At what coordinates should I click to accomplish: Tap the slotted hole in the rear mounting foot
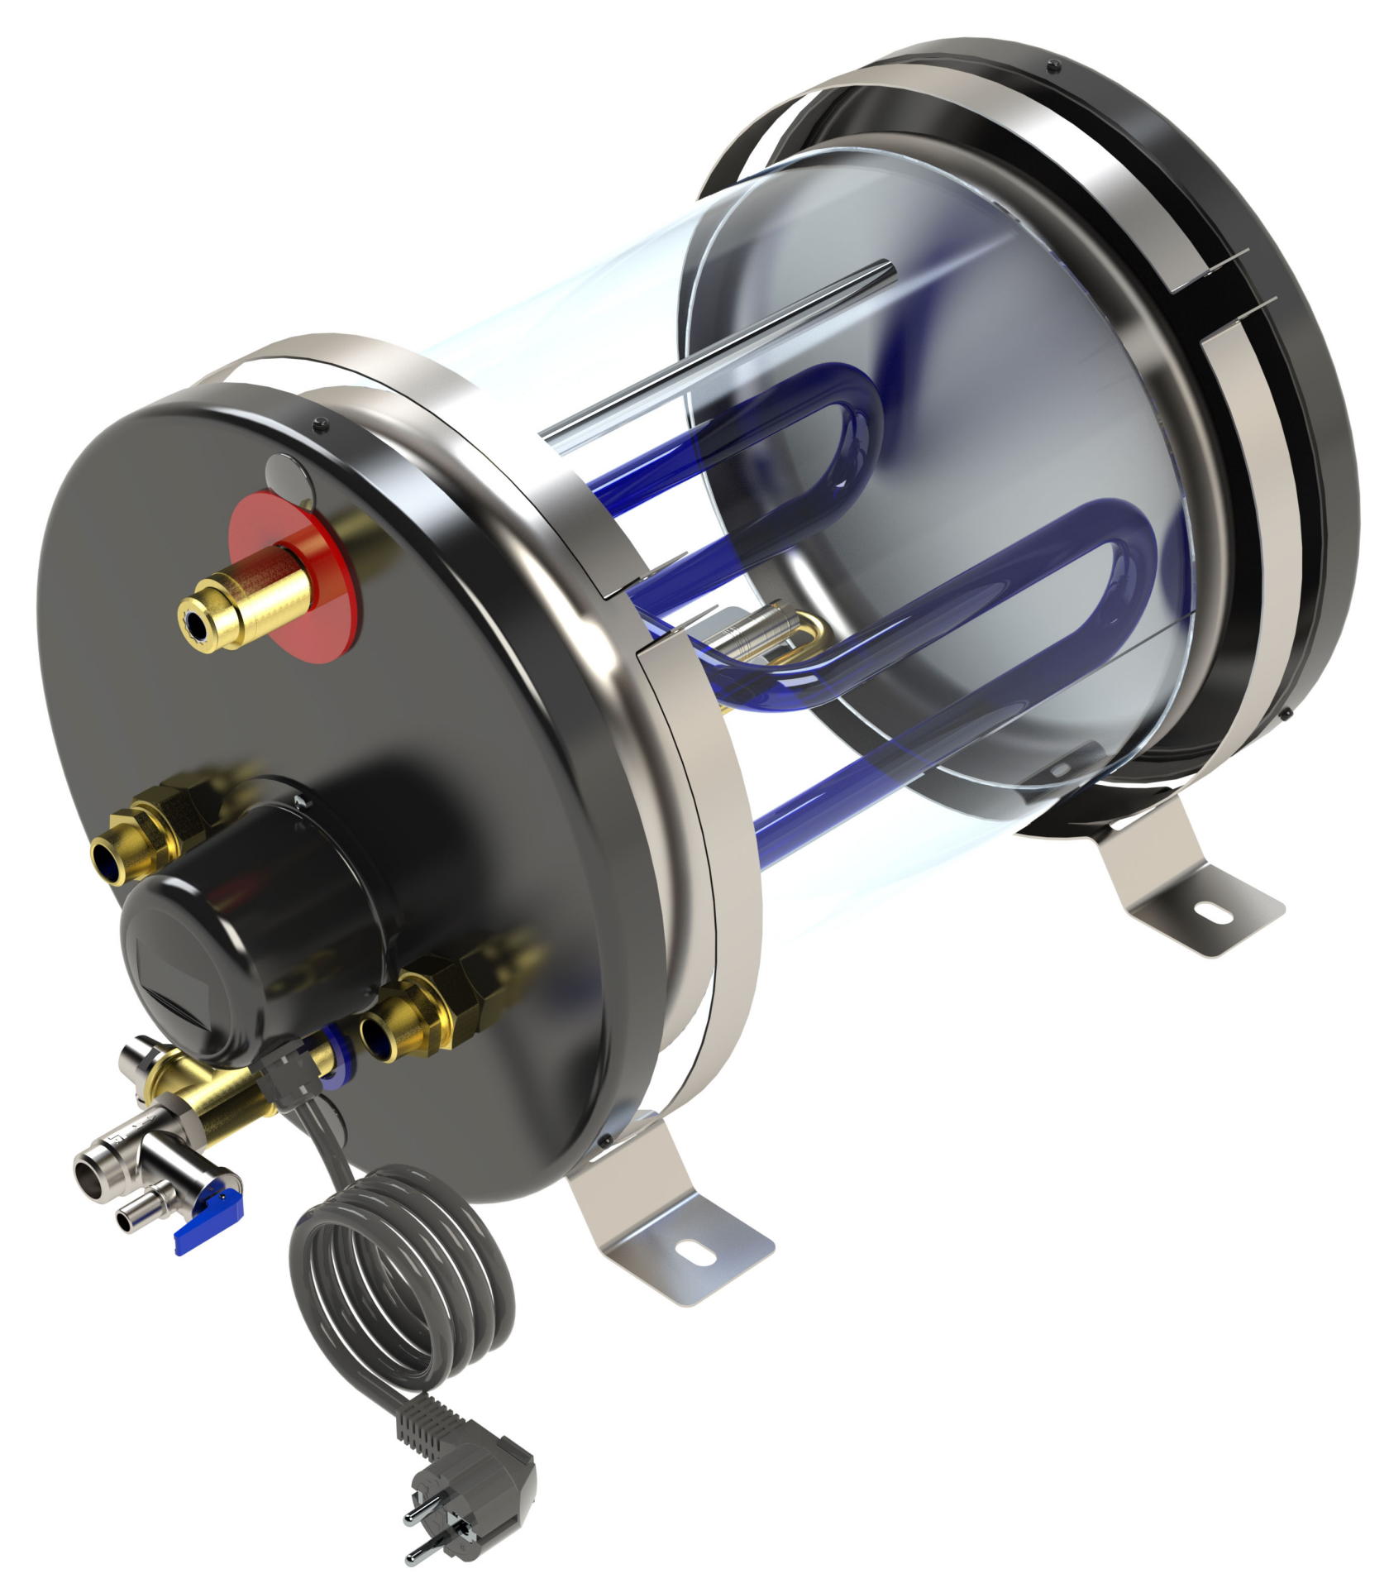1213,913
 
